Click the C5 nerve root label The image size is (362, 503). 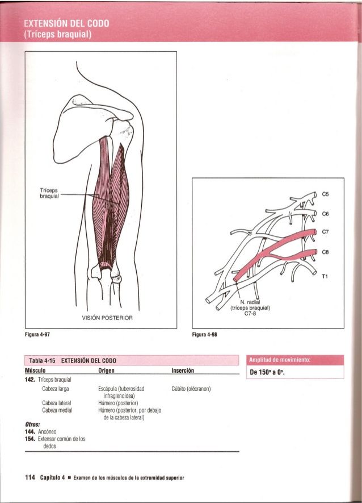[326, 193]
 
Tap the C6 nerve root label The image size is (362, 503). [326, 214]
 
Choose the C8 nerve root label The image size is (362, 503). [326, 252]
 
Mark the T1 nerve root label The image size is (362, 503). [325, 276]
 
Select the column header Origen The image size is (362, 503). [107, 370]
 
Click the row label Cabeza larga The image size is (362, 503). [56, 389]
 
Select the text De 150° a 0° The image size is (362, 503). [263, 373]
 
